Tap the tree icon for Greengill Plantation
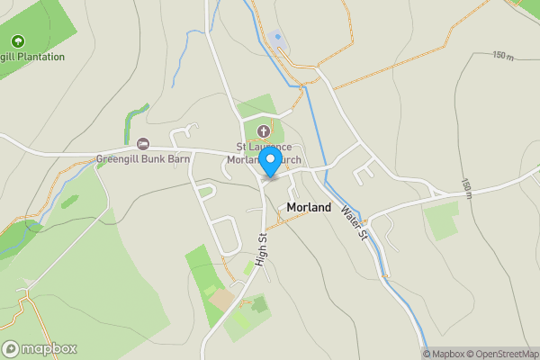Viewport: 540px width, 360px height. pos(18,41)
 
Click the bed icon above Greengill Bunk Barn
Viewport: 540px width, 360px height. pos(142,144)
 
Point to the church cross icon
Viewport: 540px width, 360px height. pos(265,131)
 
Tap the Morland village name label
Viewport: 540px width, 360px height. pos(309,207)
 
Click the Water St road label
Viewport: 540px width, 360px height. pos(355,222)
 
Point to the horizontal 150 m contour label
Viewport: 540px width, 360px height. pos(504,55)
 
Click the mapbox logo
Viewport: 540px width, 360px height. pos(40,348)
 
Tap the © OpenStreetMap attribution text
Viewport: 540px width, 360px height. pos(501,354)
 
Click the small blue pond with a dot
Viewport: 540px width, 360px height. pos(277,38)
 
